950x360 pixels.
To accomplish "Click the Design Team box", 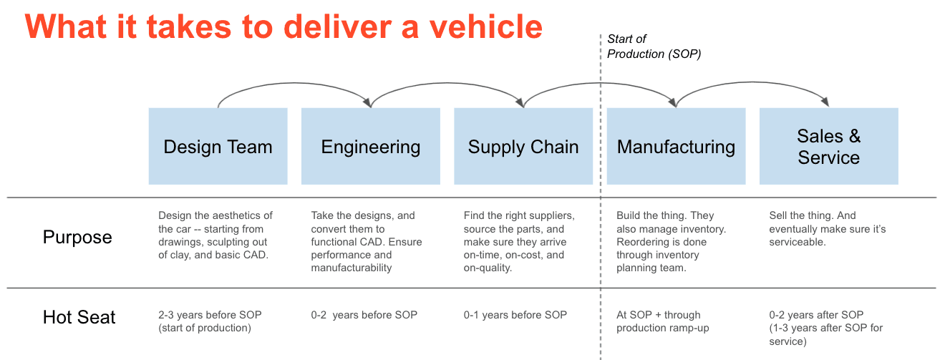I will click(218, 147).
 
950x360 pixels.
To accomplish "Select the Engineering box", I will click(370, 147).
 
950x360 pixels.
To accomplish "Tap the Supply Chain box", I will click(523, 147).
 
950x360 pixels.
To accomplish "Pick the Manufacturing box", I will click(676, 147).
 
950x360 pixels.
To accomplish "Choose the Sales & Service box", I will click(828, 147).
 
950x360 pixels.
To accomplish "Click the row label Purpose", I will click(77, 238).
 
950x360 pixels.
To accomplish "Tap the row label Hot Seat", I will click(79, 317).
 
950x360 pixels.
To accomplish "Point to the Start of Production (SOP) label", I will click(653, 47).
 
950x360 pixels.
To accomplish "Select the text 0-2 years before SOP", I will click(364, 315).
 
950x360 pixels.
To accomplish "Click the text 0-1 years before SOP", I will click(515, 315).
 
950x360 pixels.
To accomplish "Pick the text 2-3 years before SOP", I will click(210, 315).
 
